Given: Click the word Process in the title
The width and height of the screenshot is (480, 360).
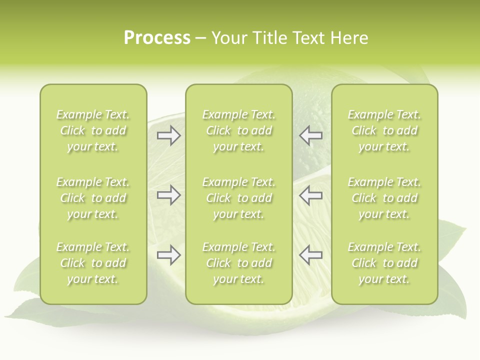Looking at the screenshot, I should click(x=157, y=38).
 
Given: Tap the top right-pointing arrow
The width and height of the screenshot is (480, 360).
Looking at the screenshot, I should click(x=169, y=135).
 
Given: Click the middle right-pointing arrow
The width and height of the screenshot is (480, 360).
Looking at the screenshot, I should click(x=169, y=195).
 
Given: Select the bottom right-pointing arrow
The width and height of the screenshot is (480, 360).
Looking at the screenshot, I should click(x=169, y=255).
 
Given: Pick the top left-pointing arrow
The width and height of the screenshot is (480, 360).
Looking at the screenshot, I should click(x=310, y=135).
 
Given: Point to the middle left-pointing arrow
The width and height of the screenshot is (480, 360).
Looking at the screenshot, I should click(x=310, y=195).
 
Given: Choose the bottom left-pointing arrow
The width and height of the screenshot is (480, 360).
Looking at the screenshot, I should click(x=310, y=255).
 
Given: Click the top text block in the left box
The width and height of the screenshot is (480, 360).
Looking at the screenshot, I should click(x=93, y=130).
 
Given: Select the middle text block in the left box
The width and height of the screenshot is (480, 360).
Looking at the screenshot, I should click(x=93, y=198).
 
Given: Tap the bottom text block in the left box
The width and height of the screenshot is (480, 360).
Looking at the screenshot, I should click(x=93, y=263).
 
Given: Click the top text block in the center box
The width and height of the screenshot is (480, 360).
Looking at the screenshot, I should click(x=238, y=130).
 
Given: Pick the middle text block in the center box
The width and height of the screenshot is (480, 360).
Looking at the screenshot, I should click(x=238, y=198).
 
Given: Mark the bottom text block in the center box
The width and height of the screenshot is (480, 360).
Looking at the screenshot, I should click(x=238, y=263).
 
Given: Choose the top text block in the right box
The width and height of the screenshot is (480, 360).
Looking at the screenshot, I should click(x=384, y=130).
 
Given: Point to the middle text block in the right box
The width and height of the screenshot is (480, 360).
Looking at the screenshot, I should click(x=384, y=198).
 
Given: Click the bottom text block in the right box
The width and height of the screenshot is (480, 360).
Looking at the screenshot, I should click(x=384, y=263).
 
